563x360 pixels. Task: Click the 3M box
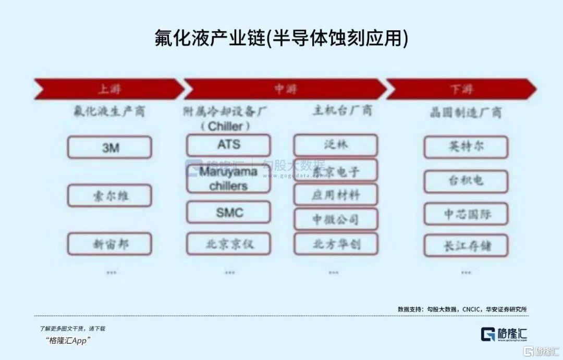click(109, 147)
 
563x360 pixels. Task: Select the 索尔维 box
click(109, 196)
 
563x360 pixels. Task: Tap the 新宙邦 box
click(109, 244)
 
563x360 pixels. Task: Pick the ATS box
click(229, 145)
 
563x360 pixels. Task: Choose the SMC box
click(229, 212)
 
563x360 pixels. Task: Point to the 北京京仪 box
click(229, 243)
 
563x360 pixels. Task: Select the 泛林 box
click(335, 145)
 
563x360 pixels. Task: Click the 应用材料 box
click(335, 195)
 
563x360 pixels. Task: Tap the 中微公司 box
click(335, 219)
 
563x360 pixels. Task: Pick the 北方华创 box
click(335, 243)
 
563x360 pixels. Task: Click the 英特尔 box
click(466, 147)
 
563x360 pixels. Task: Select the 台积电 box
click(466, 181)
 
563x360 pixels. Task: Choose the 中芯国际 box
click(466, 214)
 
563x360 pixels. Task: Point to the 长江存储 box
click(466, 245)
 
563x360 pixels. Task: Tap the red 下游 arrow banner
click(461, 89)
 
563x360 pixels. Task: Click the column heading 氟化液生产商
click(109, 111)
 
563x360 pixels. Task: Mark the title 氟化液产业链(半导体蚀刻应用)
click(281, 38)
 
